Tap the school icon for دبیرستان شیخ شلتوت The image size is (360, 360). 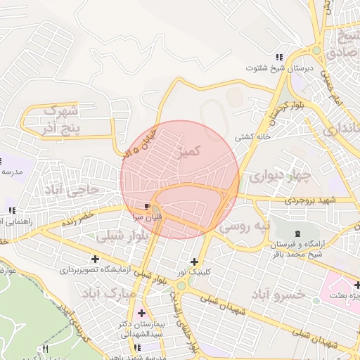tap(279, 57)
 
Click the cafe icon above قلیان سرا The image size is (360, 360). tap(147, 207)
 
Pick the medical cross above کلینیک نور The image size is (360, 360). tap(194, 262)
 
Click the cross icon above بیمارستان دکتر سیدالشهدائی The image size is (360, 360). tap(143, 313)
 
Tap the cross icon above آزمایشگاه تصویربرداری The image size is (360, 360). tap(95, 259)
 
